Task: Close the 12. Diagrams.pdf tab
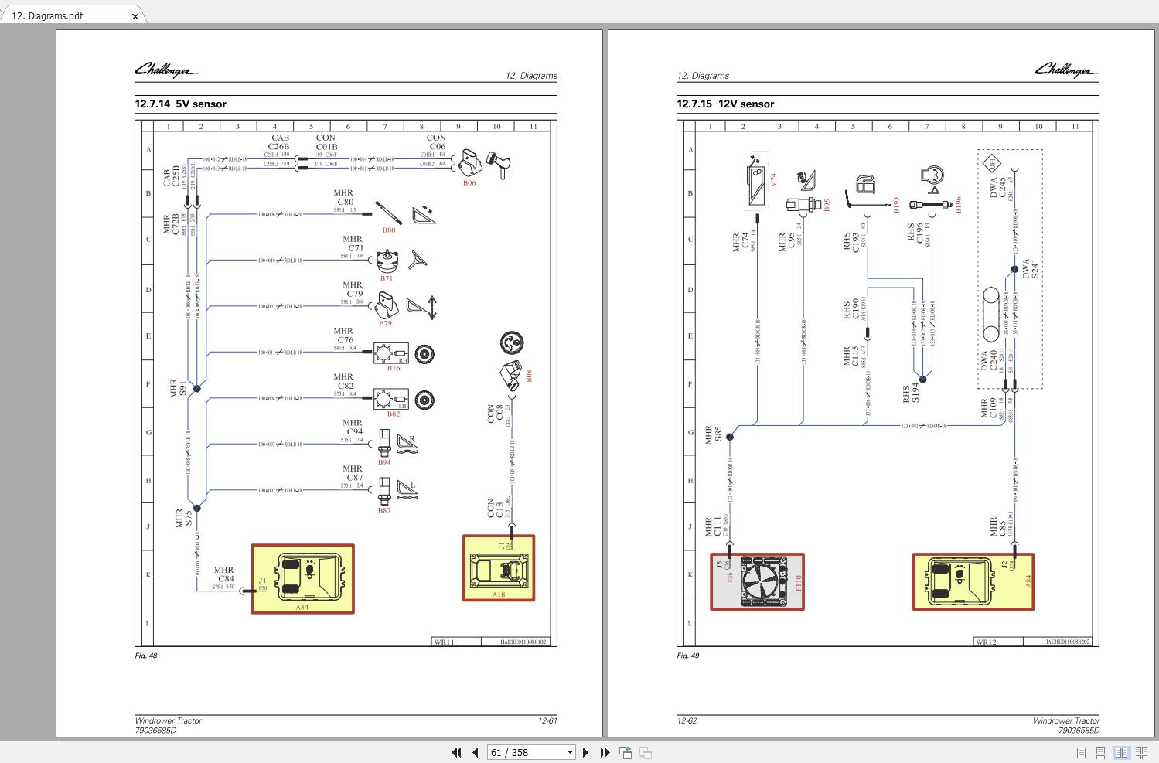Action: click(x=135, y=16)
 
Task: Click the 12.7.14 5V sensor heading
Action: click(x=180, y=104)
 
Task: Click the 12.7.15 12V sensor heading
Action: click(x=725, y=104)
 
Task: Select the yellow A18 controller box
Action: click(x=499, y=568)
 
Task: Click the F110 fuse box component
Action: click(x=757, y=581)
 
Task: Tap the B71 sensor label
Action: click(x=386, y=278)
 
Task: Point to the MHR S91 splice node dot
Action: click(x=196, y=389)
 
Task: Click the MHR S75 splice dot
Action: click(x=196, y=508)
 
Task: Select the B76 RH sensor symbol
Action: click(x=391, y=354)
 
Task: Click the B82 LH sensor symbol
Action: click(x=391, y=400)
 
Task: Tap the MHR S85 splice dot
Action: click(x=730, y=437)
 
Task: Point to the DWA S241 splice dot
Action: click(x=1014, y=270)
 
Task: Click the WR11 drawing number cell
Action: click(x=444, y=642)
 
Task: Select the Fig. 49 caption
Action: click(x=687, y=656)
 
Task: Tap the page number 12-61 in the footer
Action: click(x=547, y=720)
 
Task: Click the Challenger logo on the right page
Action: click(x=1065, y=70)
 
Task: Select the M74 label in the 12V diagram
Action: click(x=772, y=179)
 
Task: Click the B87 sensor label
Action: click(x=384, y=510)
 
